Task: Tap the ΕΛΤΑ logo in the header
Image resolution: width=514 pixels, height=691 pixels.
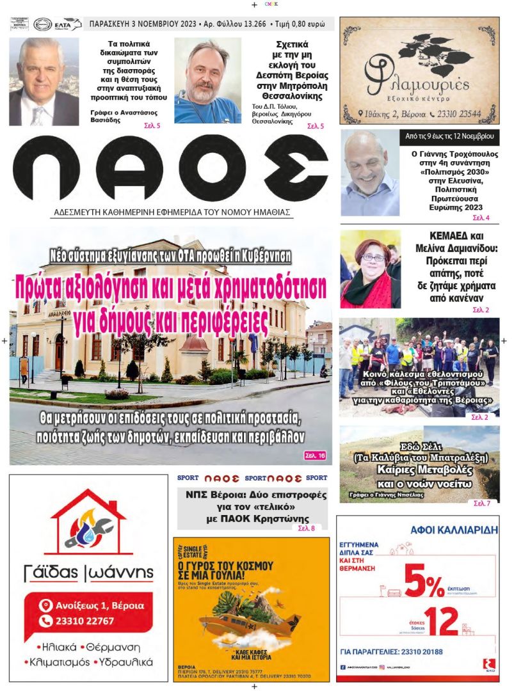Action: (x=68, y=24)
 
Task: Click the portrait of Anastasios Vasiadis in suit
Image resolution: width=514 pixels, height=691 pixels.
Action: (x=44, y=81)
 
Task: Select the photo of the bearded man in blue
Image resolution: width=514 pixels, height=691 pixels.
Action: (x=207, y=80)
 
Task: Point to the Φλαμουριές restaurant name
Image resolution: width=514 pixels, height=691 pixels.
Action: (x=417, y=86)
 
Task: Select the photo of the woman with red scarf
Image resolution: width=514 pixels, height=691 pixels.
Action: (x=371, y=269)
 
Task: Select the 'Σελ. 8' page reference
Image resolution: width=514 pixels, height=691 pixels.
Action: (x=307, y=528)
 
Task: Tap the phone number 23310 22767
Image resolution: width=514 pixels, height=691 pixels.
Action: (x=84, y=621)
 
